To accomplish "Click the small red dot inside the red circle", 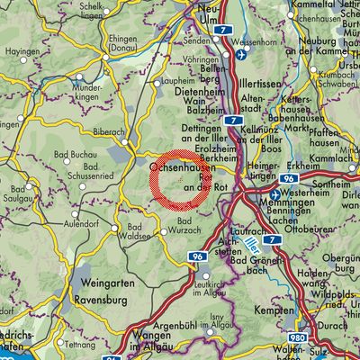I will click(180, 181).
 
